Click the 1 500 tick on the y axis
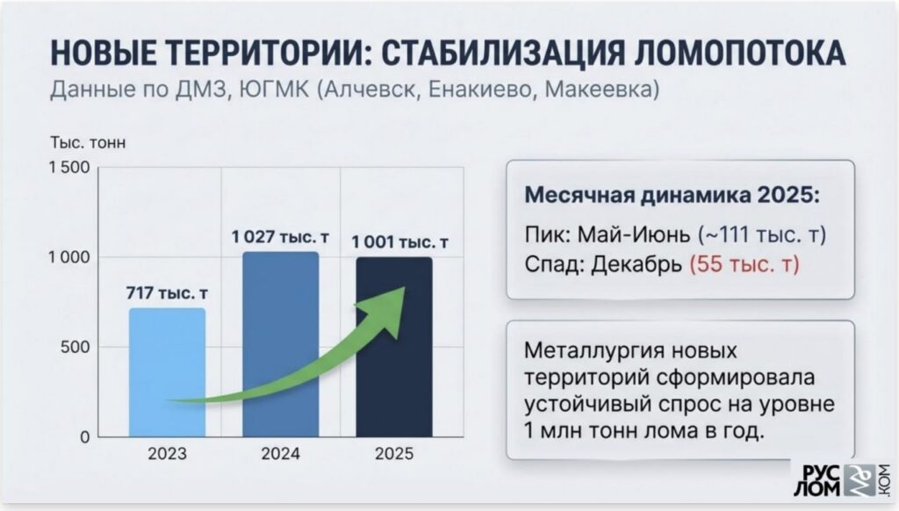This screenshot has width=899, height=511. pos(68,167)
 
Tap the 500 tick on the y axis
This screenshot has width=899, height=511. pos(76,348)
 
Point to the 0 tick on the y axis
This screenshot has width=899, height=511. pos(84,437)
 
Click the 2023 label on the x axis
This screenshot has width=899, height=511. pos(167,455)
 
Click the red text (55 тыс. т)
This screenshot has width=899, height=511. pos(744,264)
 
